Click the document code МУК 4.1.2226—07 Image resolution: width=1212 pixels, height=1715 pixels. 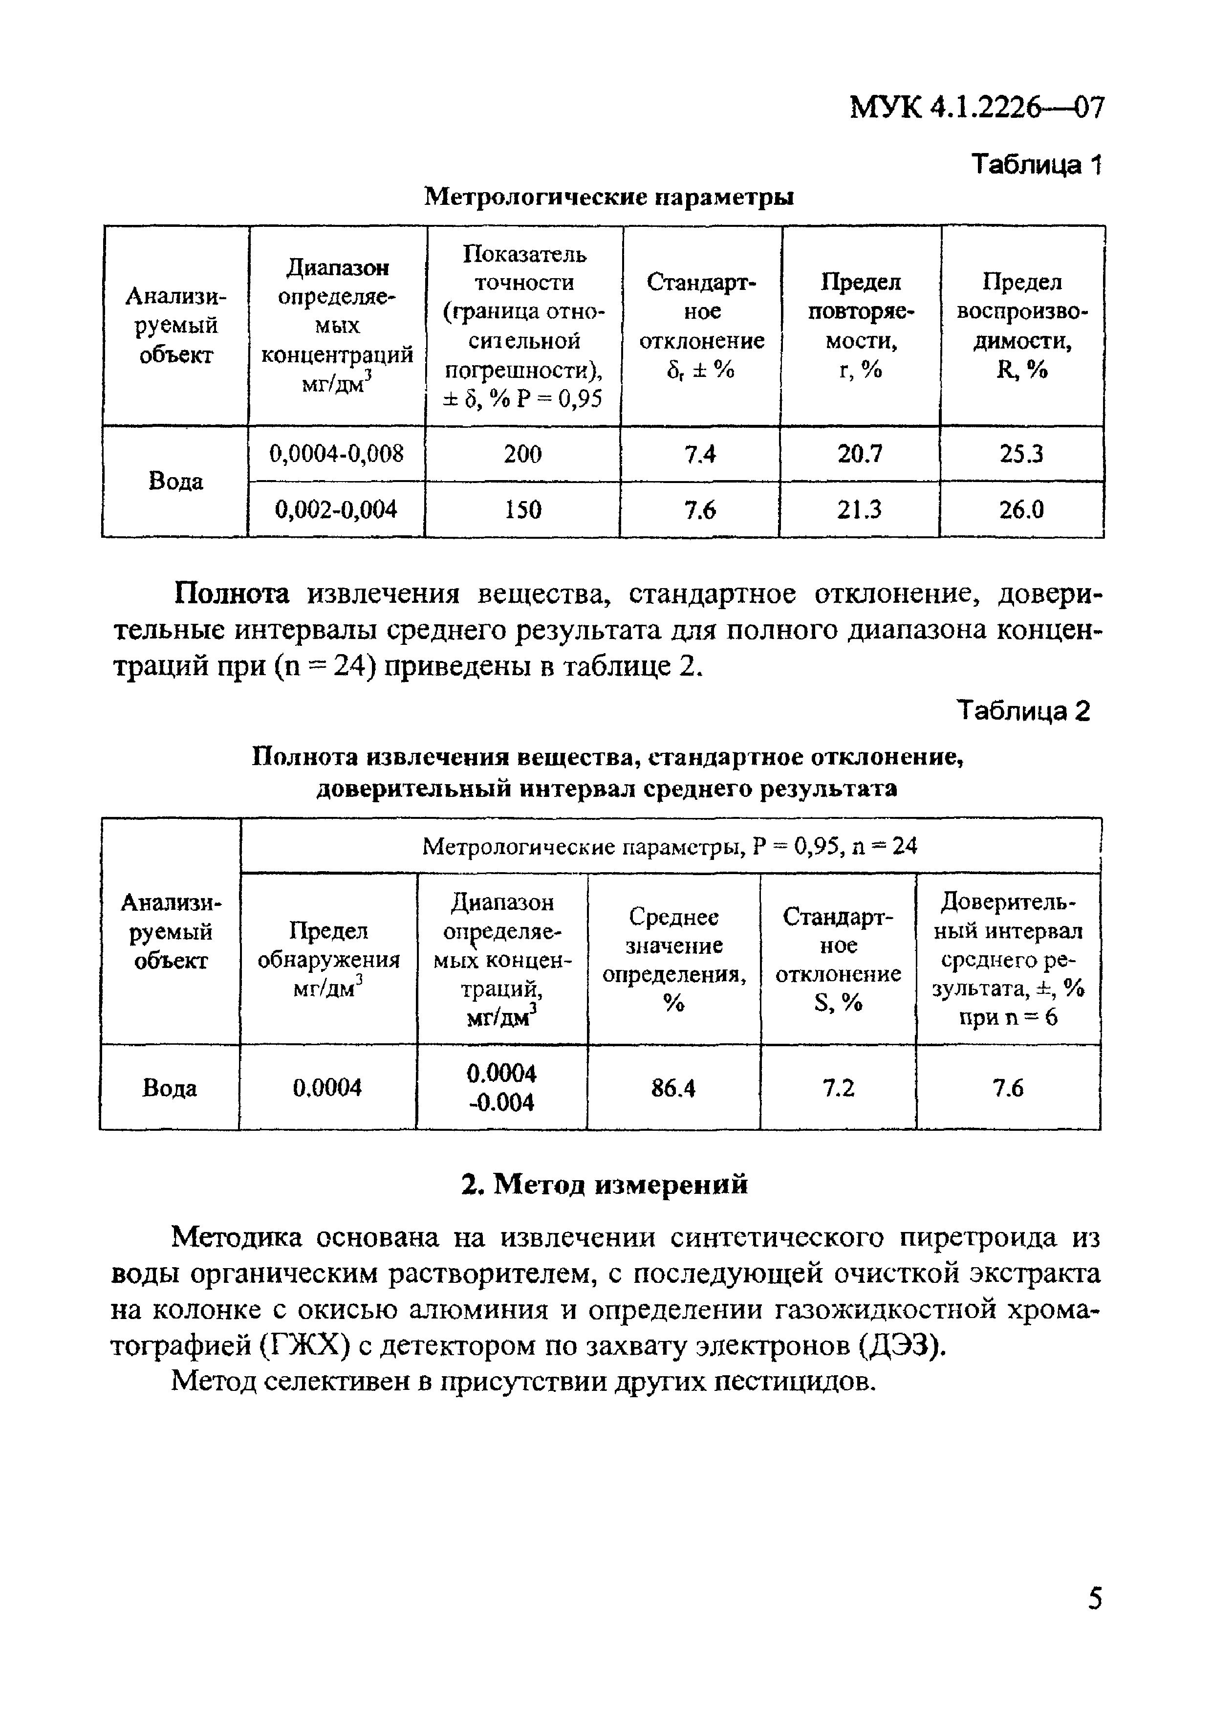click(x=976, y=109)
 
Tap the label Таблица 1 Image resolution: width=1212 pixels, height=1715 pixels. click(x=1036, y=164)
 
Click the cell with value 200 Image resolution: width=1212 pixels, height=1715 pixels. click(x=523, y=454)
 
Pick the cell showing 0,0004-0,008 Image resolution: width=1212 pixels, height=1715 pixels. click(x=336, y=453)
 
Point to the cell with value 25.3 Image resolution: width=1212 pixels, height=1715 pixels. click(x=1021, y=454)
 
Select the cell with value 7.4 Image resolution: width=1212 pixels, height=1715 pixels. click(x=700, y=454)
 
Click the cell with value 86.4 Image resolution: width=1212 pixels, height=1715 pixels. click(x=673, y=1089)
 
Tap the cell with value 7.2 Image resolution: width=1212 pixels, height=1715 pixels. click(x=838, y=1089)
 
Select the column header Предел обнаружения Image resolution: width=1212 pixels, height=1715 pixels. click(x=328, y=960)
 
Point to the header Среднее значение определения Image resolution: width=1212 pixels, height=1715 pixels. click(x=673, y=960)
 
